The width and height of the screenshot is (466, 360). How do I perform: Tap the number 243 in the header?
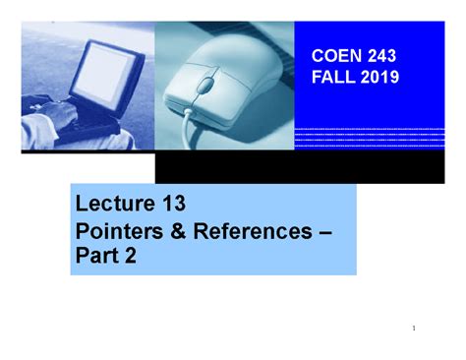tap(379, 59)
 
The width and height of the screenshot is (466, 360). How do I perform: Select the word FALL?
tap(331, 78)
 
